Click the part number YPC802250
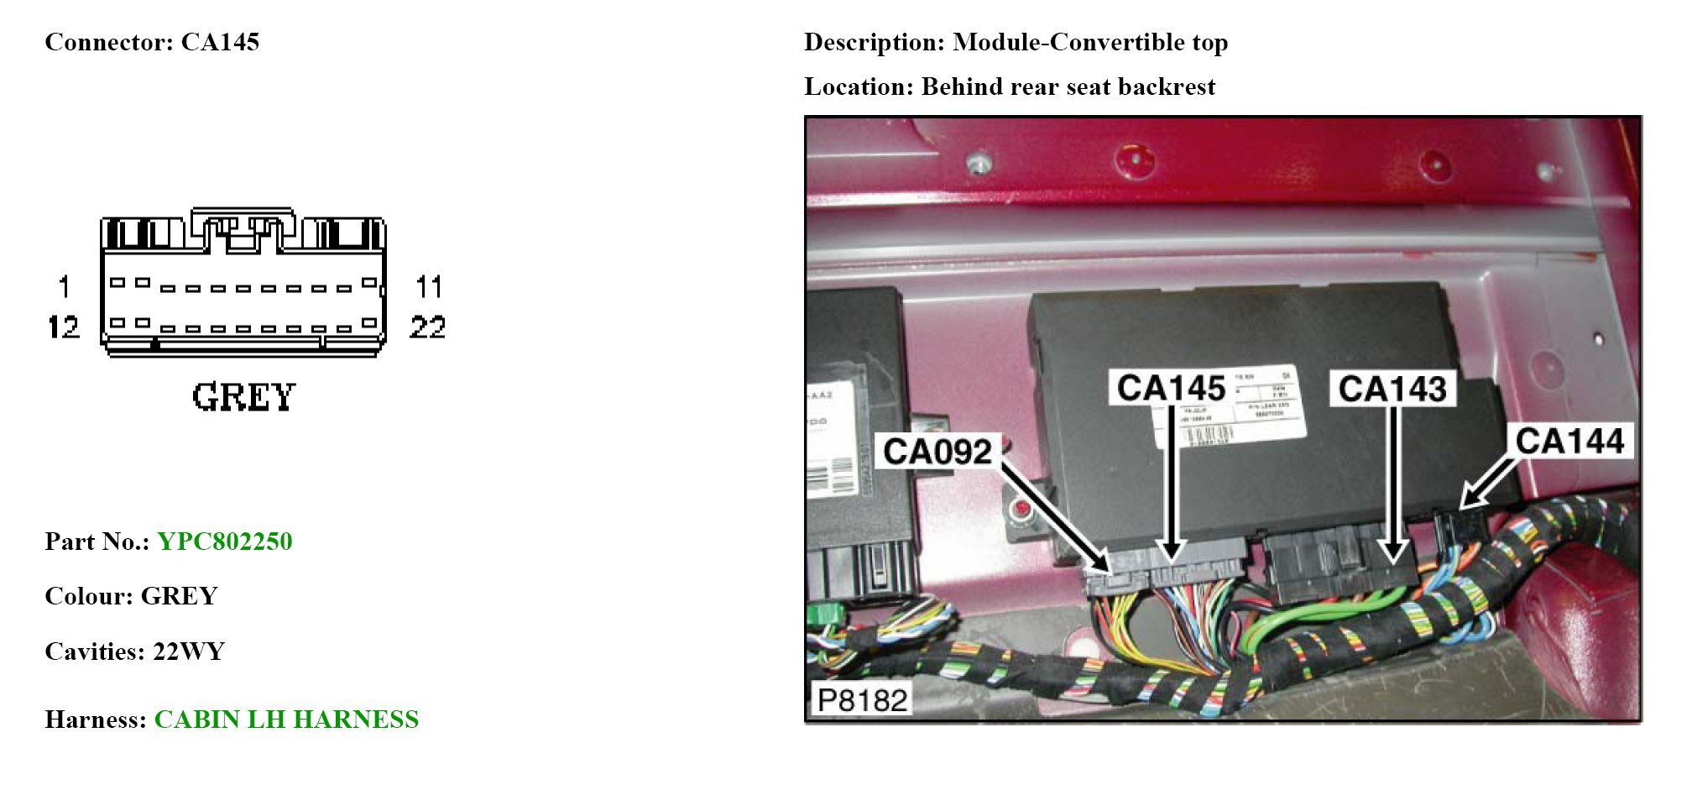[x=224, y=542]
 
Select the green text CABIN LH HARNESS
[x=286, y=719]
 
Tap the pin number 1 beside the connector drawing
[x=64, y=287]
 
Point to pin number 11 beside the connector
[x=429, y=287]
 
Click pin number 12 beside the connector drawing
[x=63, y=327]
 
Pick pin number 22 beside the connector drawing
[x=427, y=327]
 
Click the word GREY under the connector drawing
[x=243, y=397]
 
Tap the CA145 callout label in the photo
[x=1171, y=388]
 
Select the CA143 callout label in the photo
[x=1392, y=389]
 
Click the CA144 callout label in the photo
[x=1569, y=441]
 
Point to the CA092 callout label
[x=937, y=452]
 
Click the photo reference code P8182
[x=862, y=699]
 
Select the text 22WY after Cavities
[x=189, y=651]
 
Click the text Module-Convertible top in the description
[x=1090, y=42]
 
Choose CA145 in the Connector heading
[x=220, y=42]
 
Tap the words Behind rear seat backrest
[x=1068, y=86]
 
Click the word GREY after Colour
[x=179, y=596]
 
